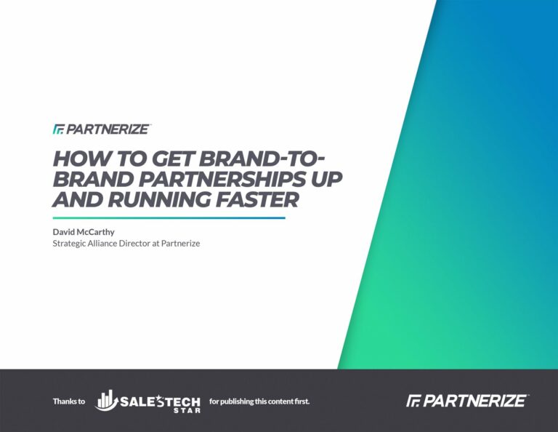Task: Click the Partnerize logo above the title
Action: pyautogui.click(x=102, y=129)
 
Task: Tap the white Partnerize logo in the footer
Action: pyautogui.click(x=467, y=401)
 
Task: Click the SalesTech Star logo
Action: pyautogui.click(x=147, y=401)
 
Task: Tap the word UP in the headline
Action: pyautogui.click(x=324, y=179)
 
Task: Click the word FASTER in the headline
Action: pyautogui.click(x=257, y=199)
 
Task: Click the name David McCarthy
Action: pyautogui.click(x=84, y=232)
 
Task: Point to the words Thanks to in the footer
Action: pyautogui.click(x=69, y=401)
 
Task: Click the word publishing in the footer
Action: pyautogui.click(x=236, y=401)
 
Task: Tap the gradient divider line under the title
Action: pyautogui.click(x=169, y=218)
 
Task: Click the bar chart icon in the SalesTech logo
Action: pyautogui.click(x=106, y=399)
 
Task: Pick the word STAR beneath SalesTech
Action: pyautogui.click(x=187, y=410)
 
